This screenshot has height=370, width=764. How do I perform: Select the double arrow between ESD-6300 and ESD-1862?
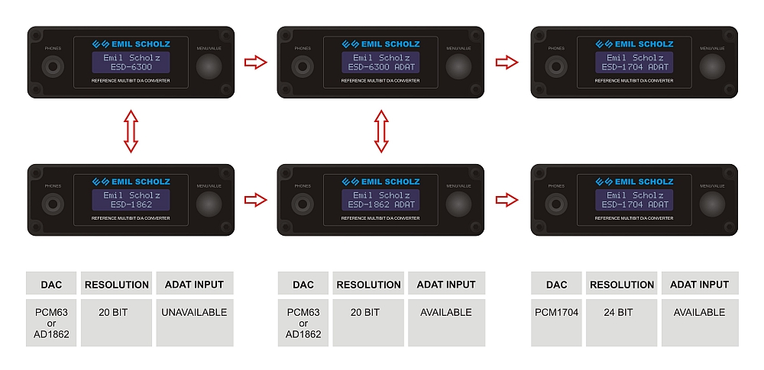(131, 130)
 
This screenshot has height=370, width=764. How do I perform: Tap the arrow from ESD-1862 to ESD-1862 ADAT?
(256, 200)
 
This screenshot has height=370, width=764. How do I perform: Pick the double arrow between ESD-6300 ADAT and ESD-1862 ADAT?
(380, 130)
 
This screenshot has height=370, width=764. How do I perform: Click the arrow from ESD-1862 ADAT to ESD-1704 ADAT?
(507, 200)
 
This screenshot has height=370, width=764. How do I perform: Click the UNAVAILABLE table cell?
(194, 312)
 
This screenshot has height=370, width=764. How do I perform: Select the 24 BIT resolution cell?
(623, 312)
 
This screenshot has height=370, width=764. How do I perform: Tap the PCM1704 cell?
(557, 312)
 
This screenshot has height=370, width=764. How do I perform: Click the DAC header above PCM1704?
(557, 285)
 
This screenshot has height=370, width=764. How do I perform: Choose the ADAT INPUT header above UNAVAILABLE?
(194, 285)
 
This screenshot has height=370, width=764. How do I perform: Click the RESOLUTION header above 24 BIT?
(623, 285)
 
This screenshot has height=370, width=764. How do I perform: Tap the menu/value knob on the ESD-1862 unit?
(209, 204)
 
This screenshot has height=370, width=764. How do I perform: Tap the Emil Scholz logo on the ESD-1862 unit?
(131, 182)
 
